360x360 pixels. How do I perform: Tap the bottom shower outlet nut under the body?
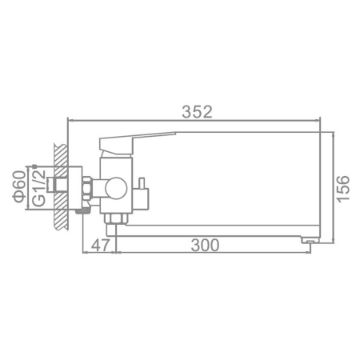[114, 218]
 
